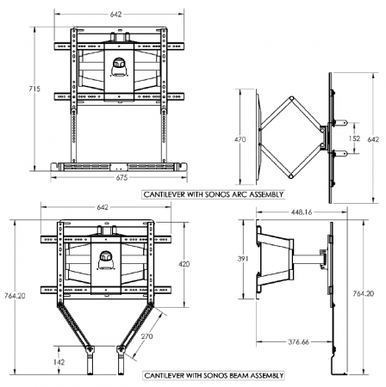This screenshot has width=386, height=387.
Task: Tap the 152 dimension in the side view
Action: (354, 137)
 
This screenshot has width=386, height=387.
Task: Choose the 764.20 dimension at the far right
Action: (372, 293)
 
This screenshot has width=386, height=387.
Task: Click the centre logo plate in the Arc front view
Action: (116, 62)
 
